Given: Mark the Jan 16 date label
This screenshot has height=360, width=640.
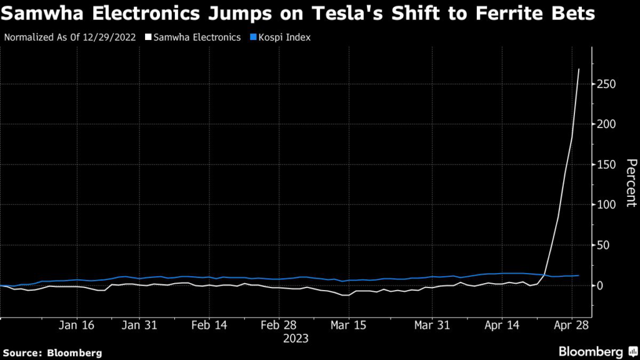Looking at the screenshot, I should [76, 326].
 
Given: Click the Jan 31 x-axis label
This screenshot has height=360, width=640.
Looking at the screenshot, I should [139, 326].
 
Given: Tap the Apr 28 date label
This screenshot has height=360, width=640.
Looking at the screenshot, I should [571, 326].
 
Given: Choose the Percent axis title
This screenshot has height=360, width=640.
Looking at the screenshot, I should [631, 183].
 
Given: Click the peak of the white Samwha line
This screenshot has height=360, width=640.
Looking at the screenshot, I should [579, 69].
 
